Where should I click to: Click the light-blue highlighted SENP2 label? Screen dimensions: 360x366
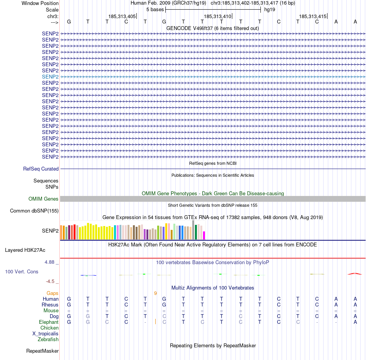(x=50, y=77)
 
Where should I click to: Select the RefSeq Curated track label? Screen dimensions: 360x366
(x=41, y=169)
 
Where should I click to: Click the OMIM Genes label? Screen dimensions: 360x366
(x=44, y=199)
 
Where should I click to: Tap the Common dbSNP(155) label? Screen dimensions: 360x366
(x=34, y=211)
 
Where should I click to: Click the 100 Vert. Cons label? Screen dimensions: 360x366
(x=22, y=271)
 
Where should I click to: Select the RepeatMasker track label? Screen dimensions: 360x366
(x=42, y=351)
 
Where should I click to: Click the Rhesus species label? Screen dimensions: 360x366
(x=50, y=305)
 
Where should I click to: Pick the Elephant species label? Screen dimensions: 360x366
(x=49, y=322)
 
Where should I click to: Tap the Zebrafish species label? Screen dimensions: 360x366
(x=48, y=339)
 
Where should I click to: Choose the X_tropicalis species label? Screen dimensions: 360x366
(x=45, y=333)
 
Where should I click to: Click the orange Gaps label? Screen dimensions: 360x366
(x=52, y=293)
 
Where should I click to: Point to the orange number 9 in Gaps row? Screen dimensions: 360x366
(x=155, y=293)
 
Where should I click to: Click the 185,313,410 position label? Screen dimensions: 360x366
(x=218, y=16)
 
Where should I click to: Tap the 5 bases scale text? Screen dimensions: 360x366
(x=155, y=9)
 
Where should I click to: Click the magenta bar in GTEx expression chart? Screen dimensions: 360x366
(x=204, y=235)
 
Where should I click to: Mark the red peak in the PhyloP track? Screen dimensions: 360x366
(x=355, y=273)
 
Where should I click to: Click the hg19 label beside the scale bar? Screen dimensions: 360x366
(x=270, y=9)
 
